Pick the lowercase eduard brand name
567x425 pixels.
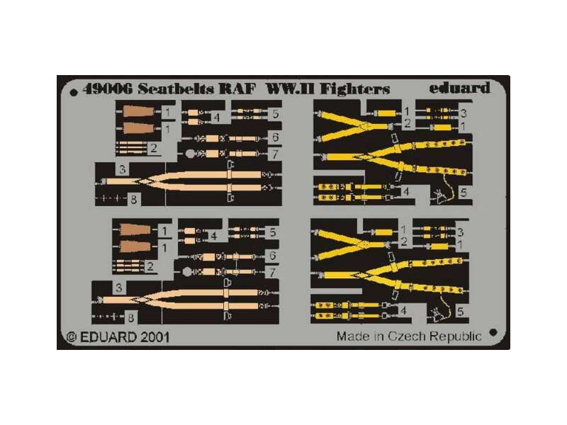coord(459,89)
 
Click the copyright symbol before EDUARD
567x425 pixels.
coord(71,337)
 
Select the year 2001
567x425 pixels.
coord(154,337)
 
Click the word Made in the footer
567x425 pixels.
coord(352,336)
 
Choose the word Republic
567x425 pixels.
coord(456,336)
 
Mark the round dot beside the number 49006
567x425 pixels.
coord(74,92)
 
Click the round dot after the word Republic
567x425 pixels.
coord(493,331)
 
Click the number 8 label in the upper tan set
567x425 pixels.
coord(133,200)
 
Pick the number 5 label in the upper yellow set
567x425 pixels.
coord(462,193)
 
